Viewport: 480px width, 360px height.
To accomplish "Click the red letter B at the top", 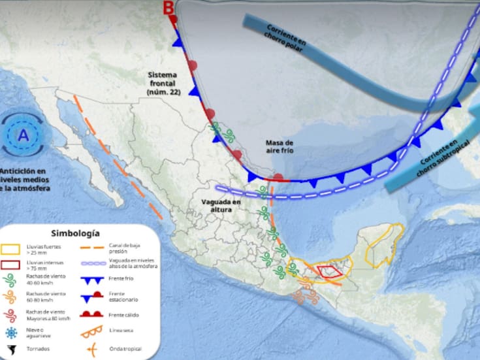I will pyautogui.click(x=169, y=8).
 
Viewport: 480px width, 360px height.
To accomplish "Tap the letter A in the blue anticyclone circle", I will pyautogui.click(x=24, y=136).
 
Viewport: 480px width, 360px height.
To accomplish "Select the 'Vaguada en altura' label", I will pyautogui.click(x=221, y=206).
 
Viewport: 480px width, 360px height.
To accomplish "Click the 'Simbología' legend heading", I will pyautogui.click(x=75, y=233).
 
